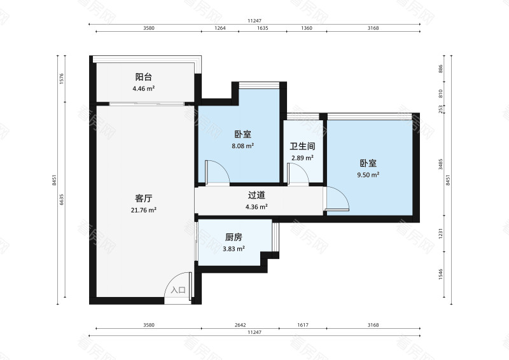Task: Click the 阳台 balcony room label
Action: pyautogui.click(x=143, y=76)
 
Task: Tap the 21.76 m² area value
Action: pyautogui.click(x=143, y=209)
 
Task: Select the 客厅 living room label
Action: pyautogui.click(x=143, y=198)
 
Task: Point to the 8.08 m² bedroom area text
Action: pyautogui.click(x=242, y=146)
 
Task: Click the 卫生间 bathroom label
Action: pyautogui.click(x=303, y=146)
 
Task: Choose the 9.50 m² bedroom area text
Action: pyautogui.click(x=368, y=174)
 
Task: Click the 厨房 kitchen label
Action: pyautogui.click(x=234, y=237)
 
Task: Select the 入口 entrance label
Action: pyautogui.click(x=178, y=290)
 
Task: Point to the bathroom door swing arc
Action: pyautogui.click(x=296, y=171)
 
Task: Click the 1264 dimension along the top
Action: pyautogui.click(x=220, y=28)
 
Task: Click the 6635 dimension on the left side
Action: pyautogui.click(x=62, y=200)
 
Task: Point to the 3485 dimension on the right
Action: pyautogui.click(x=440, y=167)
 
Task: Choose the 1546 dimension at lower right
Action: pyautogui.click(x=440, y=275)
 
